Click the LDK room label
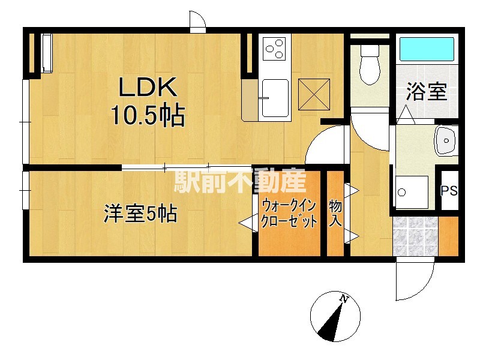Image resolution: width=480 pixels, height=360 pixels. coord(148,87)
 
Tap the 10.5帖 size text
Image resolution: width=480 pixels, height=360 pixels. coord(148,115)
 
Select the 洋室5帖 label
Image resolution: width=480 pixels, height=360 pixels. coord(140,214)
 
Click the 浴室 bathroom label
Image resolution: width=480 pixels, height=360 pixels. coord(427,92)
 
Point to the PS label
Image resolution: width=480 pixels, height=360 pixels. coord(449,191)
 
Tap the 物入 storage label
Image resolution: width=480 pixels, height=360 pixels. coord(335,213)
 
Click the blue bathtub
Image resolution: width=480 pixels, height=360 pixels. coord(427,49)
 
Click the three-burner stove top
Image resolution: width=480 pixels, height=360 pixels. coord(275,49)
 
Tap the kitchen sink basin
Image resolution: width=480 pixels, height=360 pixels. coord(275,98)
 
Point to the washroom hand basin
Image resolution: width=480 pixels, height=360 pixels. coord(446,141)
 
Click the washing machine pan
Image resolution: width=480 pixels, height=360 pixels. coord(412,192)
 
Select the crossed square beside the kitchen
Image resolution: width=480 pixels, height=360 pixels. coord(314,94)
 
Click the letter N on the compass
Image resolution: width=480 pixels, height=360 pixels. coord(344,299)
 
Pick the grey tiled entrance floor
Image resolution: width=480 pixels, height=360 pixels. coord(415,236)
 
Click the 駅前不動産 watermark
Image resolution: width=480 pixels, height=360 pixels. coord(241,181)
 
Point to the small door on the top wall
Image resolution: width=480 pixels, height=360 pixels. coord(197,22)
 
